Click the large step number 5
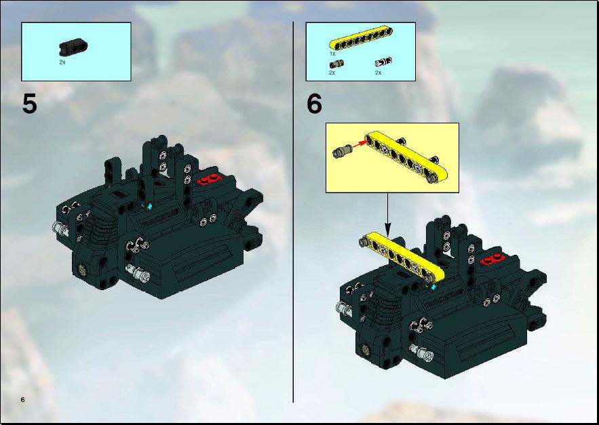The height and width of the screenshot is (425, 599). [30, 104]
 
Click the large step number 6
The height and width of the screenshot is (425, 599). [314, 104]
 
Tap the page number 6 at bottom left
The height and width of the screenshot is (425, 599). [23, 399]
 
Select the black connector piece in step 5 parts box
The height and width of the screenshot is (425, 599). [73, 46]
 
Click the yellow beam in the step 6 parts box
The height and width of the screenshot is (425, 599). [361, 39]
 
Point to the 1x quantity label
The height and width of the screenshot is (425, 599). [332, 54]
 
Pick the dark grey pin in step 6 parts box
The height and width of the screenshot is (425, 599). [336, 64]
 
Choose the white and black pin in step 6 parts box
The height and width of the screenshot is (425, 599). [383, 62]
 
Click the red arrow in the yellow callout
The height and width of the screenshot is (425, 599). [358, 144]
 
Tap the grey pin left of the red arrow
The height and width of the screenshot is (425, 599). [341, 151]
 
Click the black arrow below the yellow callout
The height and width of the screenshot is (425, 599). [388, 214]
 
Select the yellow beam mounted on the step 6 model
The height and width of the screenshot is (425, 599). [402, 260]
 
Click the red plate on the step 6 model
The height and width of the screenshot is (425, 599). [493, 260]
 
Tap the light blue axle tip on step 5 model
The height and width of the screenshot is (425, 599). [149, 207]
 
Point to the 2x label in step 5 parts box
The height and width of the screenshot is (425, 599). [62, 62]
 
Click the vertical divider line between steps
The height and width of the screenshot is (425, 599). [293, 212]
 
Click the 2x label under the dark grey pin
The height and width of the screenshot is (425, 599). [332, 72]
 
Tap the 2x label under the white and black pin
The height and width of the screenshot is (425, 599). [379, 72]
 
